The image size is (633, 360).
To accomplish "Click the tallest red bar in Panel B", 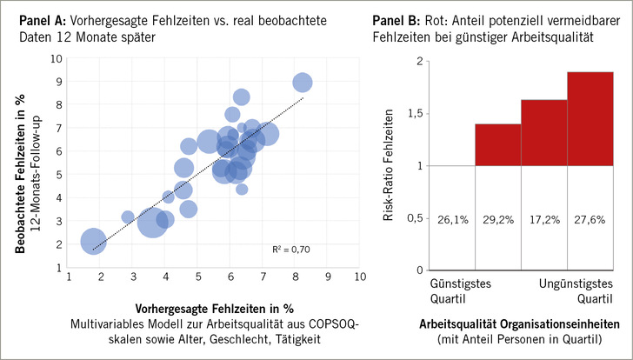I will [590, 118].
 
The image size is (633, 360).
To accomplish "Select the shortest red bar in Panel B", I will [497, 144].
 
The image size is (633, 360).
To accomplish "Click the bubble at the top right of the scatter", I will [303, 83].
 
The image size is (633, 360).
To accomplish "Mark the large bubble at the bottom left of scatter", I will [93, 242].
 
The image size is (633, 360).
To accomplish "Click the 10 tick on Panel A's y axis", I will [57, 59].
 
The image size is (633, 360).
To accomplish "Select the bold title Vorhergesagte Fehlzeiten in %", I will [214, 310].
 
